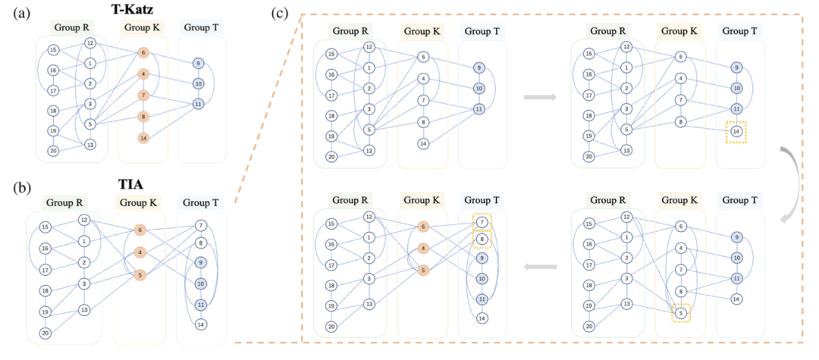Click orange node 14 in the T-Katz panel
[x=143, y=138]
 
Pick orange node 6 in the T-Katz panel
[x=143, y=53]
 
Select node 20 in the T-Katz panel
[x=53, y=151]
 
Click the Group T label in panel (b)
[x=199, y=204]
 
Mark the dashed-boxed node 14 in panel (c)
[x=735, y=130]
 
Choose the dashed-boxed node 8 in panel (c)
[x=482, y=239]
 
